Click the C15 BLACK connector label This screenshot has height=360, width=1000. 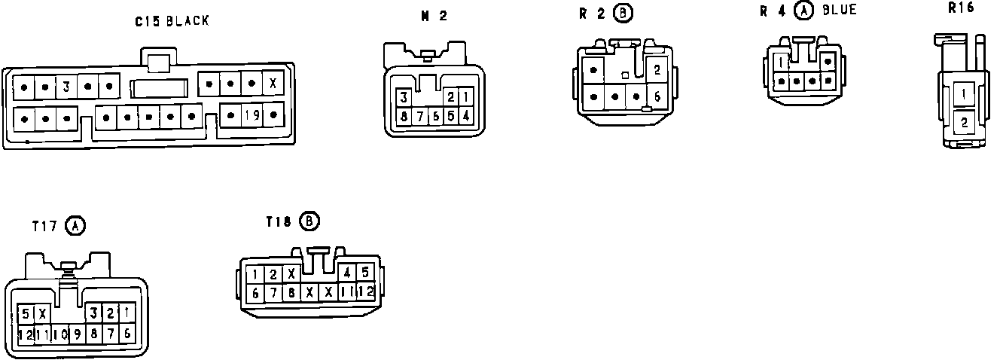click(172, 21)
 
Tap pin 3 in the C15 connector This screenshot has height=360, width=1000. click(66, 87)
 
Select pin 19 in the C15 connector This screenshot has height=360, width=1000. click(252, 115)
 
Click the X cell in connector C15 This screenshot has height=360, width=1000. click(272, 82)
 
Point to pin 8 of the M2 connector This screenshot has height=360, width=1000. click(404, 116)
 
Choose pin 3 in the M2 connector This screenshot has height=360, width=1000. click(404, 97)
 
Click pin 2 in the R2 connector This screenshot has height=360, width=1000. click(657, 70)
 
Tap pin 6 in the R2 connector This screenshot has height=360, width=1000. click(657, 96)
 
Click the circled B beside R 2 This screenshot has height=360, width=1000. click(623, 13)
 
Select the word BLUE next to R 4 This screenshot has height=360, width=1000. click(840, 10)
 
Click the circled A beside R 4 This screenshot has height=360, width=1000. click(804, 11)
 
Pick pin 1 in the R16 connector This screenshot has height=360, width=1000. click(964, 95)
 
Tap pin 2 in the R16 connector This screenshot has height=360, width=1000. click(964, 121)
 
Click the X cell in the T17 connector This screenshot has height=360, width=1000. click(43, 313)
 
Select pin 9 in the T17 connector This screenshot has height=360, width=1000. click(77, 333)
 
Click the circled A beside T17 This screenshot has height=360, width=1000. click(75, 224)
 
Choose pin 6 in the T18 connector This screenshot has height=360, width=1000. click(256, 292)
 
